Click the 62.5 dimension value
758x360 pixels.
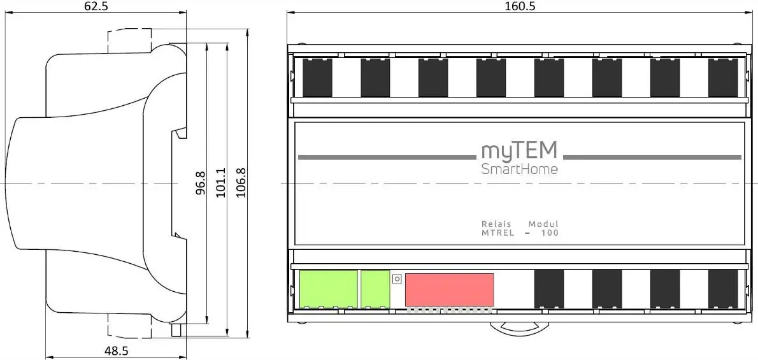pos(96,6)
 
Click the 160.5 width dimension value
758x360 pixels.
pos(519,6)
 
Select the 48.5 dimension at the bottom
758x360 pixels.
pos(116,350)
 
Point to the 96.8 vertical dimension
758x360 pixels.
pos(201,183)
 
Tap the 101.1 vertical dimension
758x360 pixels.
pos(220,183)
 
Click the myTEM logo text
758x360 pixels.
pos(518,151)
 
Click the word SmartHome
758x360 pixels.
pos(519,169)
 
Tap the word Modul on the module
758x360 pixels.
pos(543,224)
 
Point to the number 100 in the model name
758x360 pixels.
pos(550,233)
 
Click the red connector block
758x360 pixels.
pos(449,289)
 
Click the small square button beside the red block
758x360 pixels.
pos(397,278)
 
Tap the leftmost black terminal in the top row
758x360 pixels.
pos(317,77)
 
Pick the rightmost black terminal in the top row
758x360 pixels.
pos(723,77)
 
